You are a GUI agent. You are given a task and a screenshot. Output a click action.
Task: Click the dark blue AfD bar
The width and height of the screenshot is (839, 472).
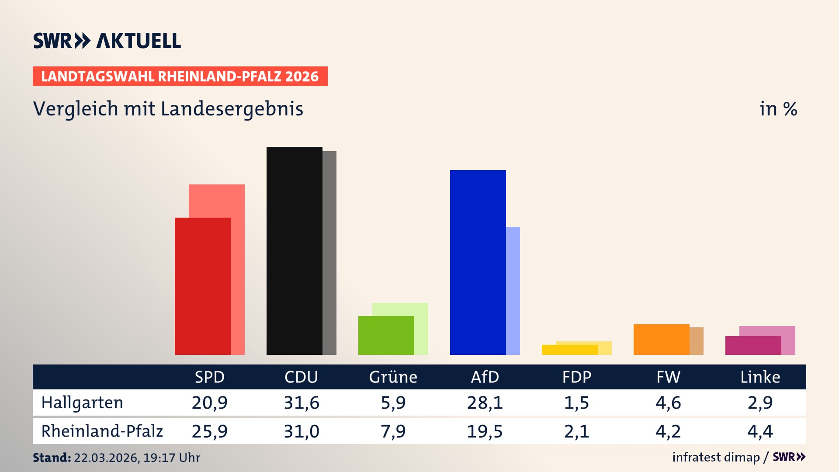point(478,262)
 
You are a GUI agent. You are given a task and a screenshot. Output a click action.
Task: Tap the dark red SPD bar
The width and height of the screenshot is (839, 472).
point(202,286)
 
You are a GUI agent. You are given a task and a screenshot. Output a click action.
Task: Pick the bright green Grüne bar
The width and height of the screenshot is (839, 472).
point(386,335)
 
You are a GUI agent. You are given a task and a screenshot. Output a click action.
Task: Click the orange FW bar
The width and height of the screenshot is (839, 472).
point(661,340)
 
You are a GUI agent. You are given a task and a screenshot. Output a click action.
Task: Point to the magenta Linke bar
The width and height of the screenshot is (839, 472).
point(753,345)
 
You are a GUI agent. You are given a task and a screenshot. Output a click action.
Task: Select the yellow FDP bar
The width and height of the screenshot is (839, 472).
point(569,350)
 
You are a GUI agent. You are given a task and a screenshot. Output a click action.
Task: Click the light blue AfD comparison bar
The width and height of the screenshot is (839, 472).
point(513,291)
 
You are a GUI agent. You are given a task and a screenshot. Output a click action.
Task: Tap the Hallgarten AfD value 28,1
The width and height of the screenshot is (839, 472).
point(485,403)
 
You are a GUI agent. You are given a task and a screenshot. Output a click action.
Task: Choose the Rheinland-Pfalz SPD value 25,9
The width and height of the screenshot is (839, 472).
point(209,431)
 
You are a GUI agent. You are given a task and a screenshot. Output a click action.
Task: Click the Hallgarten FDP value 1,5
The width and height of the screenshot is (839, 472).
point(576,403)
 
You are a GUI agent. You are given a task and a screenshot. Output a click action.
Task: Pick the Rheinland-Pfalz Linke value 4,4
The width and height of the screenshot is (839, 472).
point(760,431)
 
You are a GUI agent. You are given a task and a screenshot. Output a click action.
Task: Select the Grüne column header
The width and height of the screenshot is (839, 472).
point(393,377)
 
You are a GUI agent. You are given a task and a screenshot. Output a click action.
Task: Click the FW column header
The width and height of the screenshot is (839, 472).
point(668,377)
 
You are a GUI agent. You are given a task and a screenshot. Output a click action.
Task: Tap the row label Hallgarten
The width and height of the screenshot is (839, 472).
point(82,403)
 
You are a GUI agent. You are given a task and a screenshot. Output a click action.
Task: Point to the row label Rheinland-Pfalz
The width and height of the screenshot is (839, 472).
point(102,431)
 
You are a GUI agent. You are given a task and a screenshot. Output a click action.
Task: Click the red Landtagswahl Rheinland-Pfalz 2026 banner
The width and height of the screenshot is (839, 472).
point(180,76)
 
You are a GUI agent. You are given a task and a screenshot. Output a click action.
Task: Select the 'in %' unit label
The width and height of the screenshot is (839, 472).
point(778,109)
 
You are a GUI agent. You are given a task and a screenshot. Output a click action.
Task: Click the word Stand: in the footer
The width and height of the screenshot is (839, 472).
point(52,458)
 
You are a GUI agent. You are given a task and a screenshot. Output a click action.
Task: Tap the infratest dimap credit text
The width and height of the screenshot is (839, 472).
point(716,457)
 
